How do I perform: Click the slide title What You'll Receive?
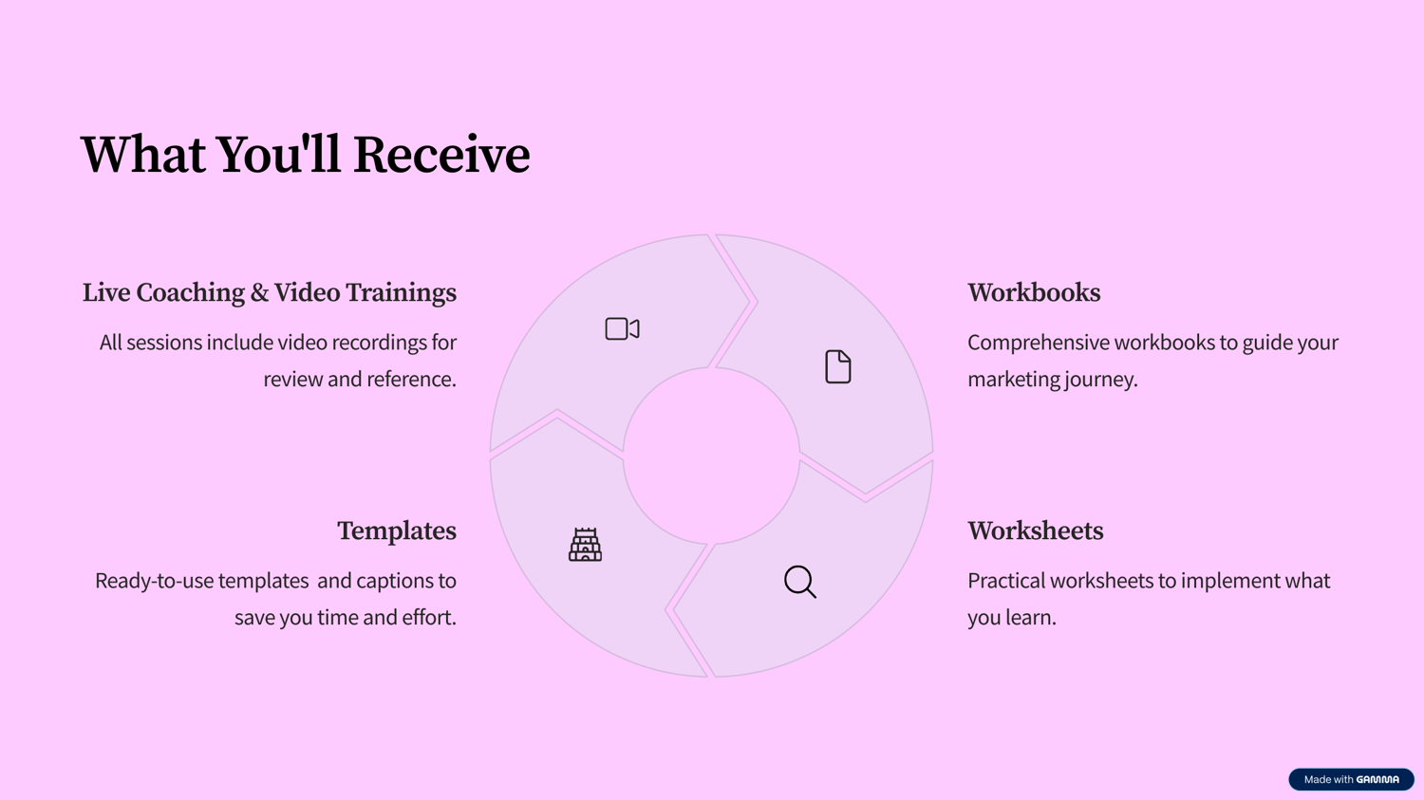[x=305, y=155]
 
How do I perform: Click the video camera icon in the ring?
[x=623, y=329]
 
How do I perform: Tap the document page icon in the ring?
[x=838, y=366]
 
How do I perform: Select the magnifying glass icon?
[x=800, y=582]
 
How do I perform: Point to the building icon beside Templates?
[x=585, y=545]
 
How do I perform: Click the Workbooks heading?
[x=1035, y=293]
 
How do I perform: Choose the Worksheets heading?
[x=1036, y=531]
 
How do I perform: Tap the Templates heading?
[x=397, y=531]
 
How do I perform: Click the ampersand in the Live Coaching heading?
[x=259, y=293]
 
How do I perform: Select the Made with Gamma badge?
[x=1351, y=779]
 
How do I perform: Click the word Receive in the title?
[x=441, y=155]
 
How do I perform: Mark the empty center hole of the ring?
[x=711, y=456]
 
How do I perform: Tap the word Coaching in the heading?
[x=190, y=293]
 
